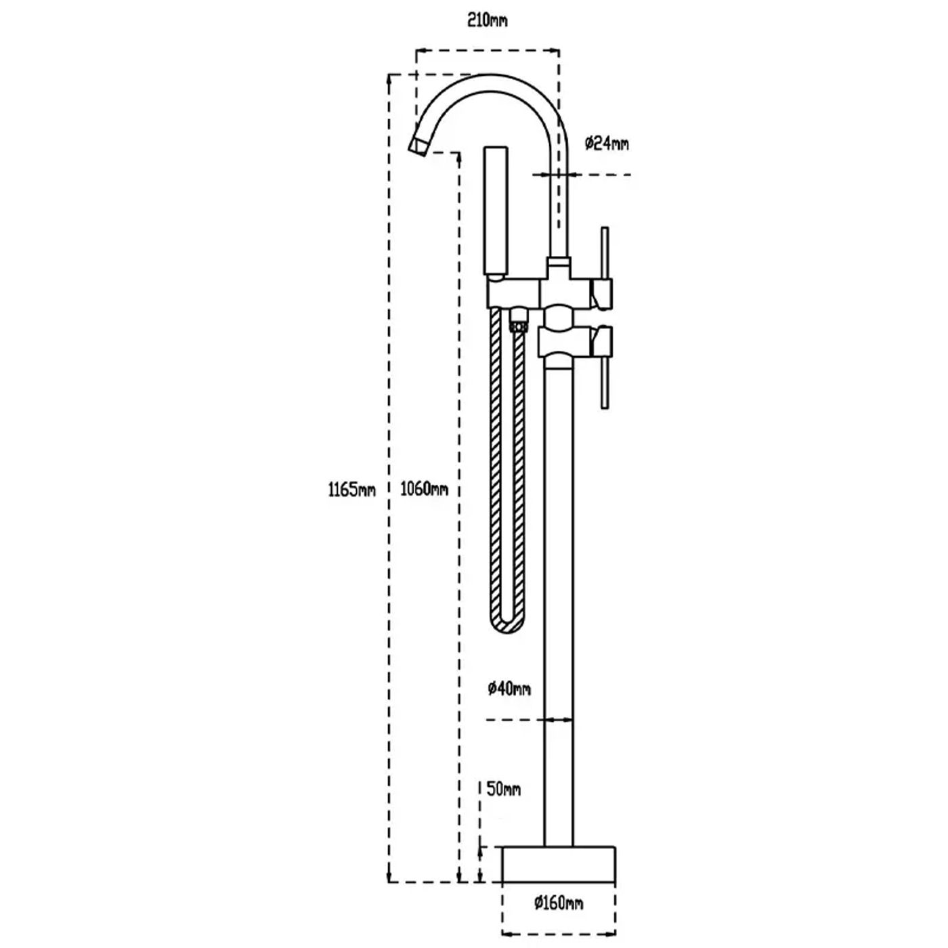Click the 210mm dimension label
(x=487, y=21)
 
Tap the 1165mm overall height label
(x=351, y=490)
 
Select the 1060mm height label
(x=424, y=490)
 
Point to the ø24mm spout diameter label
(x=607, y=144)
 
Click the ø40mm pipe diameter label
(x=509, y=688)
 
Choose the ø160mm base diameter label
(x=559, y=903)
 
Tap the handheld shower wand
(x=496, y=211)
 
